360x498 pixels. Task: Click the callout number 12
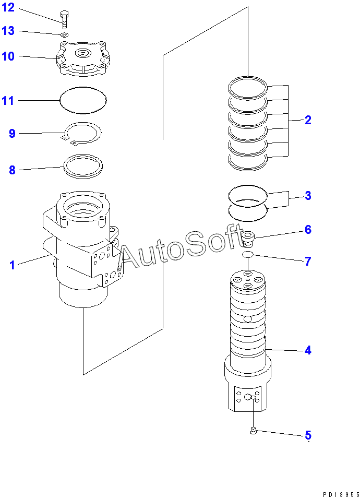pyautogui.click(x=8, y=8)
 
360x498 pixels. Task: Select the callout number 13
pyautogui.click(x=8, y=31)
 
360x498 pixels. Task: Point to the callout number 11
pyautogui.click(x=8, y=101)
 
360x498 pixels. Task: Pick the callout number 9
pyautogui.click(x=12, y=134)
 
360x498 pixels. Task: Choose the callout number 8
pyautogui.click(x=12, y=170)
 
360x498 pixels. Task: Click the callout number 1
pyautogui.click(x=12, y=265)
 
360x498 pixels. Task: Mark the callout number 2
pyautogui.click(x=308, y=120)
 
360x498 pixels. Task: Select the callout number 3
pyautogui.click(x=308, y=196)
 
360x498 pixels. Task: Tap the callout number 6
pyautogui.click(x=308, y=230)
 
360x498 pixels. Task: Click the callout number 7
pyautogui.click(x=308, y=261)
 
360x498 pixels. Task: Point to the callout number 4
pyautogui.click(x=308, y=350)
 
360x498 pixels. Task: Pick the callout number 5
pyautogui.click(x=308, y=435)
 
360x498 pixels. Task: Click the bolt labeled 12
pyautogui.click(x=64, y=19)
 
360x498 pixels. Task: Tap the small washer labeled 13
pyautogui.click(x=64, y=35)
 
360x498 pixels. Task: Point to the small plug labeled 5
pyautogui.click(x=253, y=430)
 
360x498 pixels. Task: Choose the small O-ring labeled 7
pyautogui.click(x=248, y=254)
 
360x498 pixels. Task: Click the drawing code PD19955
pyautogui.click(x=340, y=492)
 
